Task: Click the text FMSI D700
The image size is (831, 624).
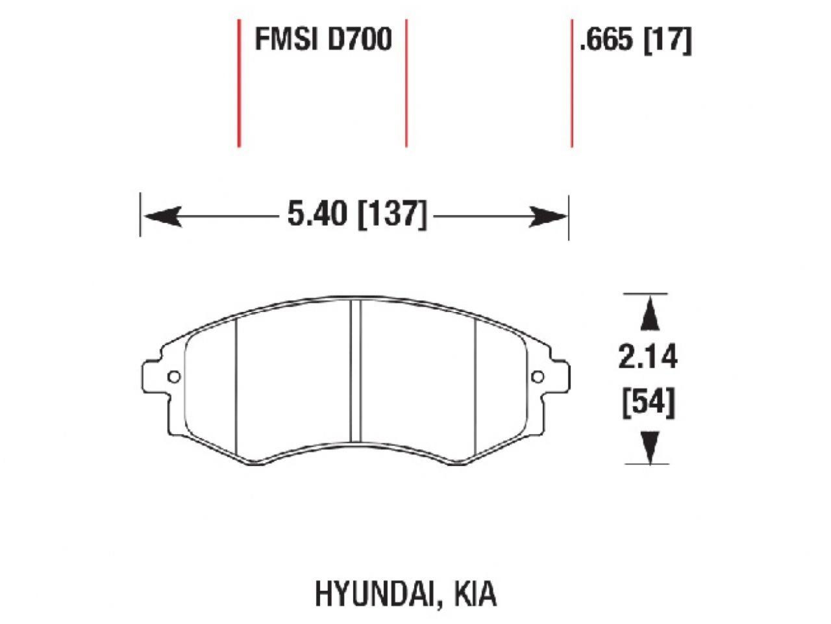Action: pos(323,40)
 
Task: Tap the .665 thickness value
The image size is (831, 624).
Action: pos(606,41)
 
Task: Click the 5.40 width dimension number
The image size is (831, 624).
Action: pos(317,214)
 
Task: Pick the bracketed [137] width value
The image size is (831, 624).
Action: pos(393,214)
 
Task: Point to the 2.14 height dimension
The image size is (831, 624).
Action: pos(647,357)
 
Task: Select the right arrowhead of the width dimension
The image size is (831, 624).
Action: pos(549,216)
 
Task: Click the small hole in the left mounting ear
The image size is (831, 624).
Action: pos(173,377)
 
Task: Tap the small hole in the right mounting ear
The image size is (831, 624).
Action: pos(538,376)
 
